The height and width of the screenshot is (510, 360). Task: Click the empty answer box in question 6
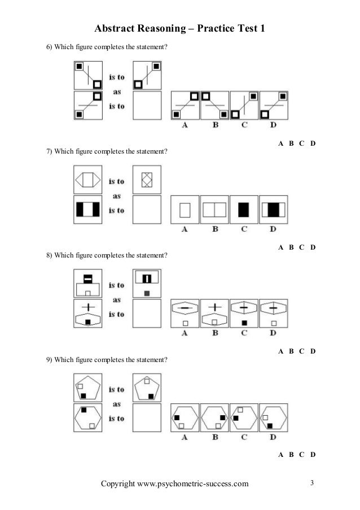point(147,106)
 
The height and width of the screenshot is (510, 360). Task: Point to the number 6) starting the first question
point(49,46)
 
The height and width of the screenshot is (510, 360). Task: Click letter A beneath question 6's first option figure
point(185,125)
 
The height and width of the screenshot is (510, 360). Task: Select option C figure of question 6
point(244,106)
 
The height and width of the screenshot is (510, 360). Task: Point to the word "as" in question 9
point(117,404)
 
